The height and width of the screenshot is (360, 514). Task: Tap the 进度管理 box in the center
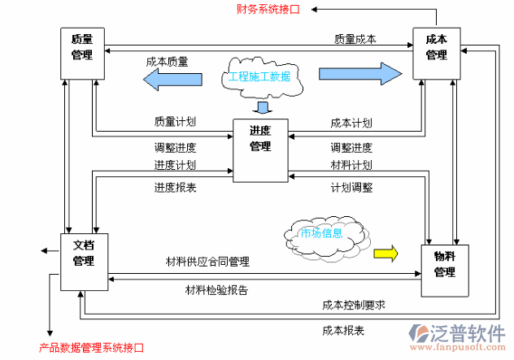tap(260, 150)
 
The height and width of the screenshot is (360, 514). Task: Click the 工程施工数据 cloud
tap(259, 77)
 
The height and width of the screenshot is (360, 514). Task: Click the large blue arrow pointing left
tap(172, 78)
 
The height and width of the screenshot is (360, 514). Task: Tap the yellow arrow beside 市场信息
tap(385, 253)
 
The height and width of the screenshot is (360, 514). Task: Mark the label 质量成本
tap(355, 38)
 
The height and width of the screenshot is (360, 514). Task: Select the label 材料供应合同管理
tap(207, 262)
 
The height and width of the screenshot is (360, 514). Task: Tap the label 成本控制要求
tap(353, 306)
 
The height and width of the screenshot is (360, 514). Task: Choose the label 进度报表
tap(175, 187)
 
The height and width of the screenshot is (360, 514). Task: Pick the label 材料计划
tap(351, 166)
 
